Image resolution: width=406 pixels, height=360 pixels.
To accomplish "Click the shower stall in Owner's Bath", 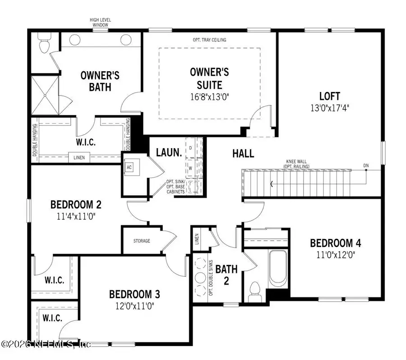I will tap(45, 95).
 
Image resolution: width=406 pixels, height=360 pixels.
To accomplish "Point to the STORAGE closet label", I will tap(142, 241).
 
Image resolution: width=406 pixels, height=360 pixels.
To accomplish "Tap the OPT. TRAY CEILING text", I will tap(209, 40).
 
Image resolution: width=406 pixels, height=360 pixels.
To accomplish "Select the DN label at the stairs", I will tap(366, 165).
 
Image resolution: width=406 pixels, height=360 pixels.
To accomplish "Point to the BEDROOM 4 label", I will tap(336, 243).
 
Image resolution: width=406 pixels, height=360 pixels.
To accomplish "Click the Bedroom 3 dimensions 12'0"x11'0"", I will tap(134, 305).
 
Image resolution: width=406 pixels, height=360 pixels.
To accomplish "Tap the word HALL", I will tap(243, 153).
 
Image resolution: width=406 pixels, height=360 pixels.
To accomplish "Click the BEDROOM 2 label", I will tap(75, 205).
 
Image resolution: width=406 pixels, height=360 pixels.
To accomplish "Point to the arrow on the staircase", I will tap(272, 183).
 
